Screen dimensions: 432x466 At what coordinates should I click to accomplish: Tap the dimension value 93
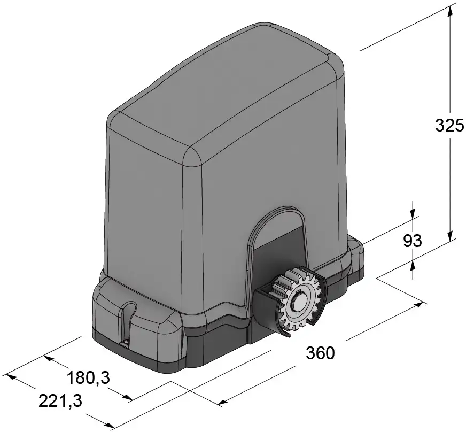[x=412, y=241]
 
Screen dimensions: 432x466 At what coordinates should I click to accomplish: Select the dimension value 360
[x=320, y=353]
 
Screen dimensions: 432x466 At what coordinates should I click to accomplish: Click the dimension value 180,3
[x=88, y=378]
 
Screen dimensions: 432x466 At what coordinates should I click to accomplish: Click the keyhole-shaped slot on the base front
[x=128, y=321]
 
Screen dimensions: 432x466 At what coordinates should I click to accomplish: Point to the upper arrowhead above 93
[x=412, y=212]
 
